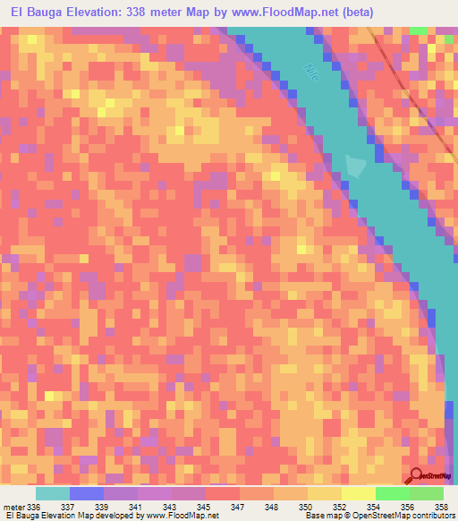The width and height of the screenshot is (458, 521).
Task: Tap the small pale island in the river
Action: tap(356, 166)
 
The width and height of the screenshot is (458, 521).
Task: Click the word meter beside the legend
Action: tap(16, 507)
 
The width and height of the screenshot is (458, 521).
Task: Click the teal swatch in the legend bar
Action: tap(53, 493)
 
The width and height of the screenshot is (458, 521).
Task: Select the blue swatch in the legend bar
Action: tap(87, 493)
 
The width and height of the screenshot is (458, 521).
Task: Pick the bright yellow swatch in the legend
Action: tap(358, 493)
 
